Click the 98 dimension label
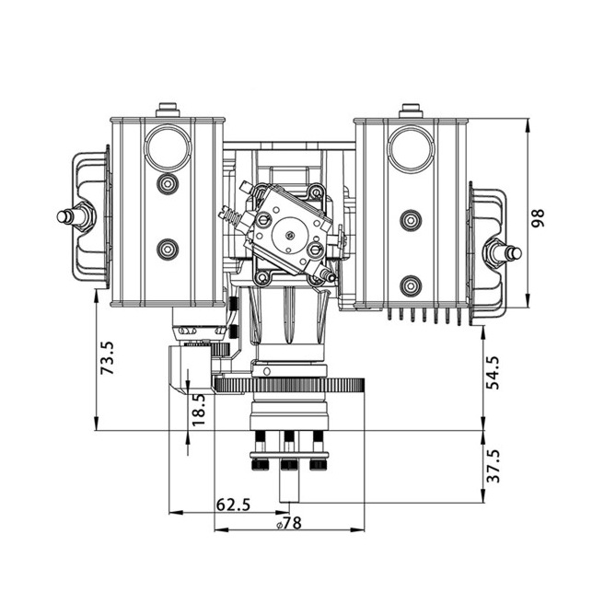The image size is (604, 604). click(538, 218)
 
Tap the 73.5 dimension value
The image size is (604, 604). click(107, 358)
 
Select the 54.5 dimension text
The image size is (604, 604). click(493, 373)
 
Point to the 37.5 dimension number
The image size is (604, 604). click(493, 466)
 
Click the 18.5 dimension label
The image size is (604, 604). click(199, 410)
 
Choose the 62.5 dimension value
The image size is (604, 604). click(234, 505)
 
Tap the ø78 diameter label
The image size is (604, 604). click(289, 523)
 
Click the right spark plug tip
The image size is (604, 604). click(517, 253)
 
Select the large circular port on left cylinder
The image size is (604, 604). click(168, 147)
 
